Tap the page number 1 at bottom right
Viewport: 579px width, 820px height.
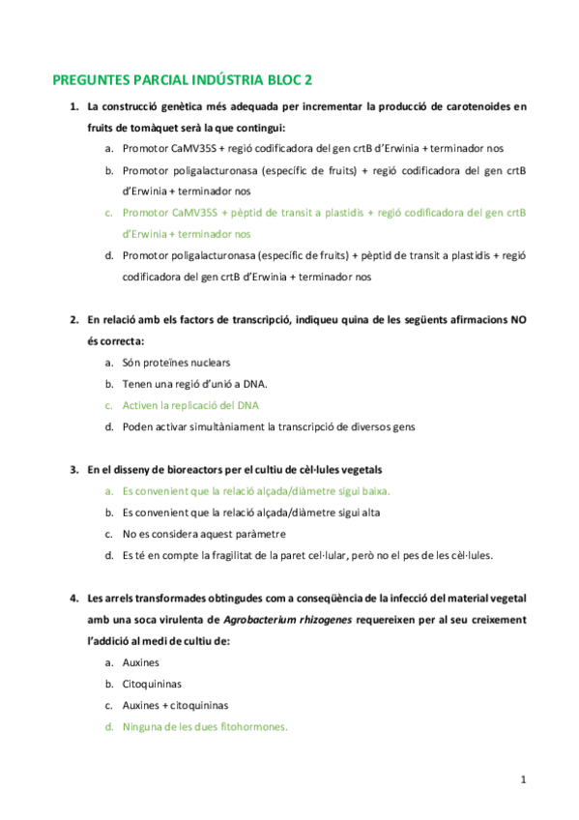point(523,778)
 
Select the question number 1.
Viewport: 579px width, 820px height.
point(72,106)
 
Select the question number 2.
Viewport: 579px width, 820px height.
point(72,319)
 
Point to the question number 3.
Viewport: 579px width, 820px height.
point(72,469)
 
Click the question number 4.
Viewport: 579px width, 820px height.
point(72,598)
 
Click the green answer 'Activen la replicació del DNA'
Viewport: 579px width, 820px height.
point(190,405)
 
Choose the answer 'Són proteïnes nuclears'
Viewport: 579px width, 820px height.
point(176,363)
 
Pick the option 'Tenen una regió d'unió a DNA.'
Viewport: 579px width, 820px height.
point(188,384)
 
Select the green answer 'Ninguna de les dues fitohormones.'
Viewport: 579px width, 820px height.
point(205,726)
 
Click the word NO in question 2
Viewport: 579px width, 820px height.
point(514,319)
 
